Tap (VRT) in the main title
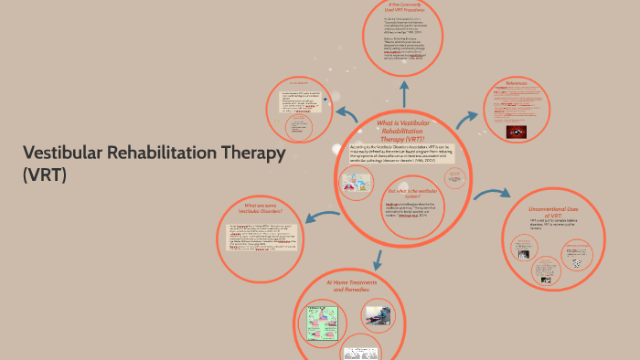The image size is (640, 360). (x=45, y=175)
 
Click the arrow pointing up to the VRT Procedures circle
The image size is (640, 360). (x=402, y=91)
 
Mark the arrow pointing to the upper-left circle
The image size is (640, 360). (x=347, y=113)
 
